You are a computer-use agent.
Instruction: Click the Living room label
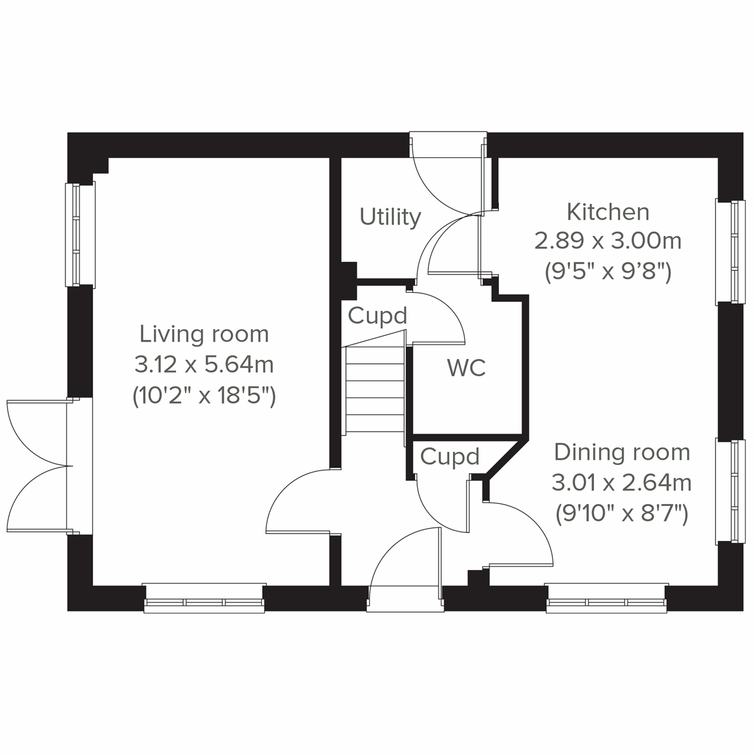click(x=204, y=333)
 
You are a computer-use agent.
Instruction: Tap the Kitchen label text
click(x=608, y=212)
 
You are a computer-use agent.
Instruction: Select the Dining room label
click(x=622, y=452)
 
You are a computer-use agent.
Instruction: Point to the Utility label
click(x=390, y=217)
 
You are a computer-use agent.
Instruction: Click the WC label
click(x=466, y=368)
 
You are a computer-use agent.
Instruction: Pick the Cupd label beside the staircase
click(x=377, y=315)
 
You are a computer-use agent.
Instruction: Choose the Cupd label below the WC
click(x=449, y=457)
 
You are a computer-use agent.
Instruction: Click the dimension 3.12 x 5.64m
click(x=204, y=364)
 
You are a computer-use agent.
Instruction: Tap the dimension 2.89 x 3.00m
click(x=608, y=240)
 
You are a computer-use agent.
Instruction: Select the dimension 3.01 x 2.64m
click(x=622, y=483)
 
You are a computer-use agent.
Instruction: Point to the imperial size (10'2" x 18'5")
click(x=204, y=396)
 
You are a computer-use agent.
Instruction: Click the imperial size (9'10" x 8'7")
click(x=622, y=514)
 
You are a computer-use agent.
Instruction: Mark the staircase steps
click(x=375, y=390)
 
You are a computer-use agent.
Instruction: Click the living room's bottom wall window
click(x=204, y=598)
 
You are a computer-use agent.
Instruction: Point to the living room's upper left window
click(x=80, y=235)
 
